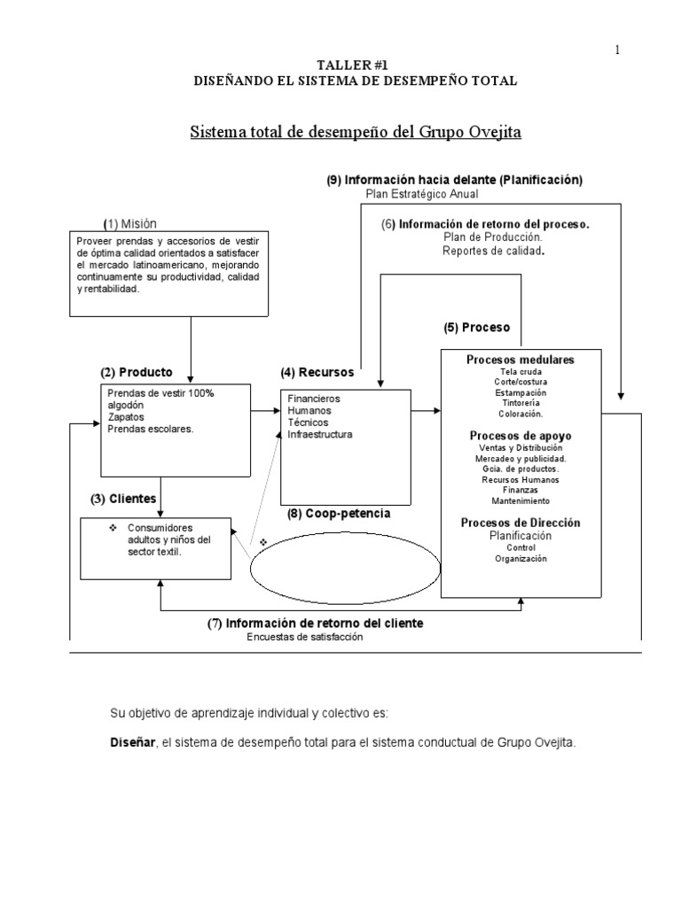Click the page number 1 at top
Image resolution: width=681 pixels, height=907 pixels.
pyautogui.click(x=617, y=50)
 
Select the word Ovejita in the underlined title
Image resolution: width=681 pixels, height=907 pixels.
pyautogui.click(x=497, y=132)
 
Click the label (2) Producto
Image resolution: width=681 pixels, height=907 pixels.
pyautogui.click(x=137, y=372)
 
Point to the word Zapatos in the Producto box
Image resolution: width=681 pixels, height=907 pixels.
pyautogui.click(x=125, y=416)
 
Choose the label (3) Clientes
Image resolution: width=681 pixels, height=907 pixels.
pyautogui.click(x=123, y=499)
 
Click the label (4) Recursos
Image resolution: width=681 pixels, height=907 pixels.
pyautogui.click(x=317, y=372)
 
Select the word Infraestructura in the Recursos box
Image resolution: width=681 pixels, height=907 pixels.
pyautogui.click(x=320, y=435)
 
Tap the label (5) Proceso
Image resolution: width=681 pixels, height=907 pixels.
pyautogui.click(x=477, y=327)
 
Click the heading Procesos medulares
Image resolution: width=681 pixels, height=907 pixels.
pyautogui.click(x=521, y=360)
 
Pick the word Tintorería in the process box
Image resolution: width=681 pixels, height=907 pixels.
pyautogui.click(x=521, y=403)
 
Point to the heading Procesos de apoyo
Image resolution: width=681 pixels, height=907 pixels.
pyautogui.click(x=521, y=436)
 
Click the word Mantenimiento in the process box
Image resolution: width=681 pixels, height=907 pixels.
pyautogui.click(x=521, y=501)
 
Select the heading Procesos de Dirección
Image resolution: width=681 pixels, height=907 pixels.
pyautogui.click(x=521, y=523)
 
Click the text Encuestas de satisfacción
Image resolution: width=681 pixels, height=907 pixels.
pyautogui.click(x=306, y=637)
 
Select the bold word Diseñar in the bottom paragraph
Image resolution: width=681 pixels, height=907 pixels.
pyautogui.click(x=130, y=742)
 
